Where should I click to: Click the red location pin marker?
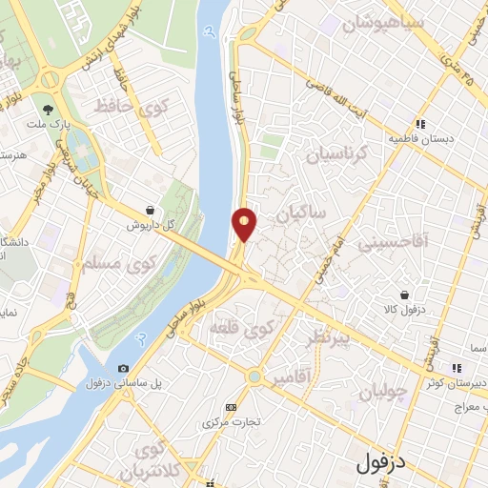[x=245, y=223]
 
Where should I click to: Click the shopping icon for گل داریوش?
[x=150, y=211]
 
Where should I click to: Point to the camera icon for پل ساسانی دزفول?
[x=123, y=368]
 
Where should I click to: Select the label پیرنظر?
[x=325, y=340]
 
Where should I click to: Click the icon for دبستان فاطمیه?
[x=420, y=123]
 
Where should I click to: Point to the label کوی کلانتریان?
[x=152, y=459]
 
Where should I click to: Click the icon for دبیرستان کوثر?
[x=457, y=368]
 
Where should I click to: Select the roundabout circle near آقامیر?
[x=254, y=376]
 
